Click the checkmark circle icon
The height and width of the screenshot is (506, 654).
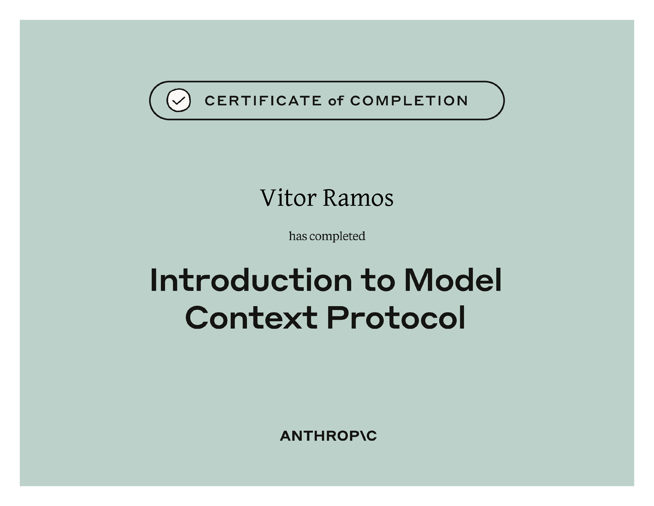[179, 100]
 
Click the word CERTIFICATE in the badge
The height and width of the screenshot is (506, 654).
[263, 101]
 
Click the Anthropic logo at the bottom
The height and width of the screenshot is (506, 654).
[328, 436]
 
